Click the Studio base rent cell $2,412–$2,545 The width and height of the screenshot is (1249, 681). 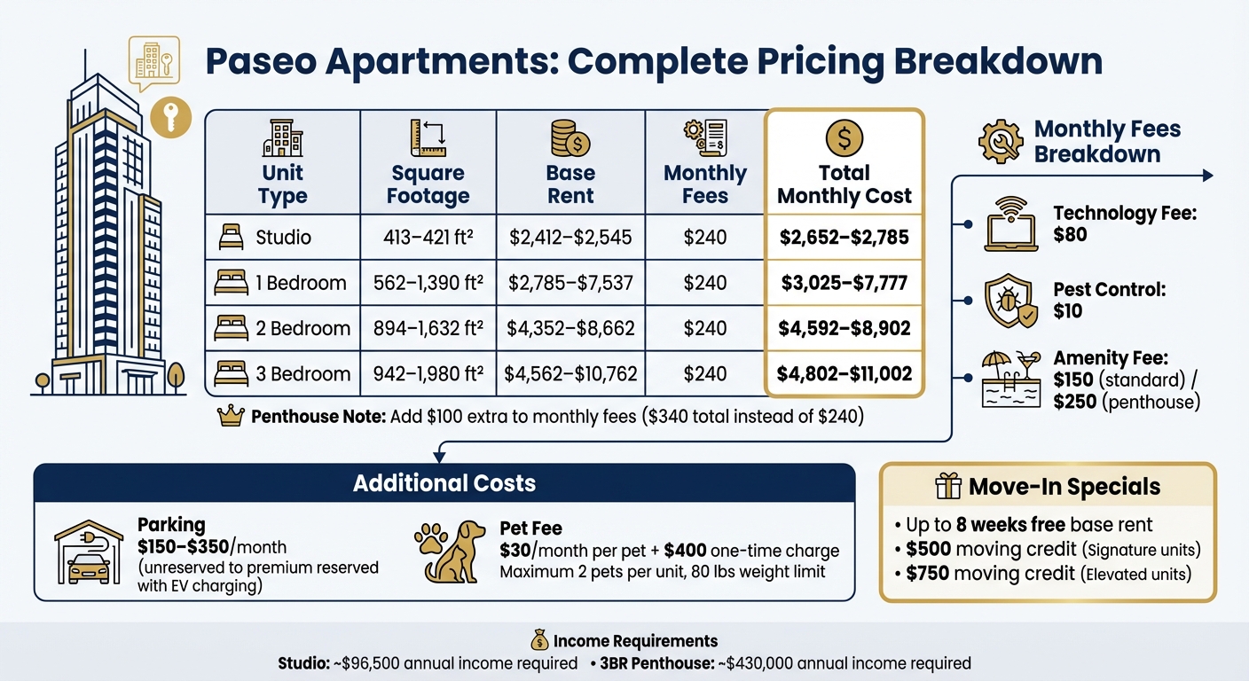570,237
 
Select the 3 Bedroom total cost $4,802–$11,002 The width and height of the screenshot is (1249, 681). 844,374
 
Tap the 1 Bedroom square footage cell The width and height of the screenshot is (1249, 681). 428,283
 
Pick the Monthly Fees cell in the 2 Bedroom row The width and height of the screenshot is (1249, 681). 704,329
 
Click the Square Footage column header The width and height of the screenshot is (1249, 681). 428,184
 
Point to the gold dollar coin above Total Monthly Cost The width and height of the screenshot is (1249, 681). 844,138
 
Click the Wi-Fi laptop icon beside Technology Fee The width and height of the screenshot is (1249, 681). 1011,224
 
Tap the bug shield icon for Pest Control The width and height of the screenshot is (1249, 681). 1010,301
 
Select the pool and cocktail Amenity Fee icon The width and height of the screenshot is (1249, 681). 1011,379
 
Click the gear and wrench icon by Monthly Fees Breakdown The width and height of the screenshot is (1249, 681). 1001,142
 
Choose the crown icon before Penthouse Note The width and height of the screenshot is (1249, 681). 231,417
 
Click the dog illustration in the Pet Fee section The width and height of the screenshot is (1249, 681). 456,552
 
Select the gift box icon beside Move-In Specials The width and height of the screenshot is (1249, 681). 949,487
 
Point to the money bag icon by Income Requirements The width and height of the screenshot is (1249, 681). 539,640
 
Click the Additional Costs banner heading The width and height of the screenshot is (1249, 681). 444,483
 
